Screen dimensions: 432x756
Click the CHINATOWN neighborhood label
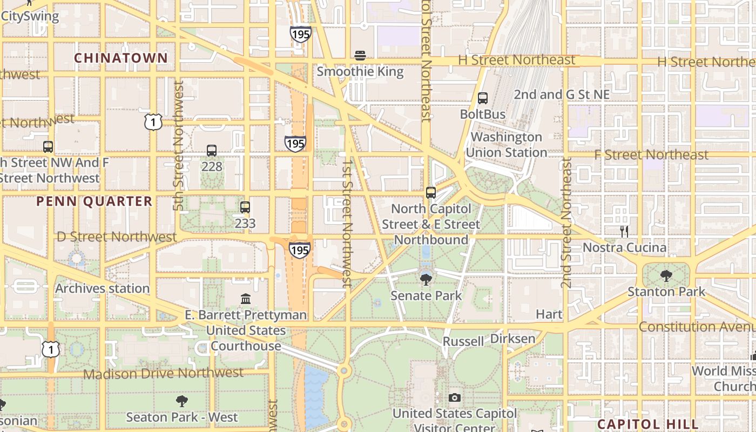pos(121,58)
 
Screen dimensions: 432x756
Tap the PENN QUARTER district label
pos(94,201)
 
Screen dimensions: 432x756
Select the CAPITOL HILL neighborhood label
pos(648,424)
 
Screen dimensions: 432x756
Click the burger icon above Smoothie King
pos(360,55)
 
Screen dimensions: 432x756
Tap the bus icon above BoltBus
pos(483,98)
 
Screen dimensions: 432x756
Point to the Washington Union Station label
pos(507,145)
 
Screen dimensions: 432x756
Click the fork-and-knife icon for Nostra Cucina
pos(624,232)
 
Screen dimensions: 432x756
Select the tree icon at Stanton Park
pos(666,276)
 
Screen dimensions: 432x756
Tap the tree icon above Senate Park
pos(426,279)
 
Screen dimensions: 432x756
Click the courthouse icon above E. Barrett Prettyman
pos(246,299)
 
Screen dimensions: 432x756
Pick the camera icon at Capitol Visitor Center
pos(455,397)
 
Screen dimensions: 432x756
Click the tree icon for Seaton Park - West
pos(182,401)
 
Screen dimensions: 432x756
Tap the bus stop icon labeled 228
pos(212,151)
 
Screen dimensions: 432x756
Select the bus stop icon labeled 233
pos(245,207)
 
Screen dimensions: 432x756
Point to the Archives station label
pos(103,288)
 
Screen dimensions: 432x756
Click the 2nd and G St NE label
pos(562,94)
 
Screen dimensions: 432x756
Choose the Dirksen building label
pos(513,339)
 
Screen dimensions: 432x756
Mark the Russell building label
pos(463,341)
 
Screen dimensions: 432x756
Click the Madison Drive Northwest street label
pos(164,373)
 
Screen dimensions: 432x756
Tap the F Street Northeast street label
pos(651,155)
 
